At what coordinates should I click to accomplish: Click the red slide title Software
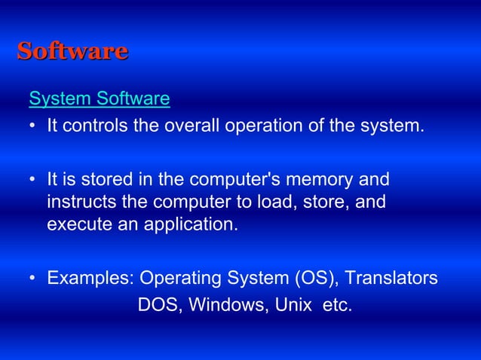click(72, 51)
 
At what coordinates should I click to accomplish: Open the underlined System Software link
click(99, 99)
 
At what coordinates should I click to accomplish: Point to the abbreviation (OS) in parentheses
click(316, 279)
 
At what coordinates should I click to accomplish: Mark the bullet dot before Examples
click(33, 279)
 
